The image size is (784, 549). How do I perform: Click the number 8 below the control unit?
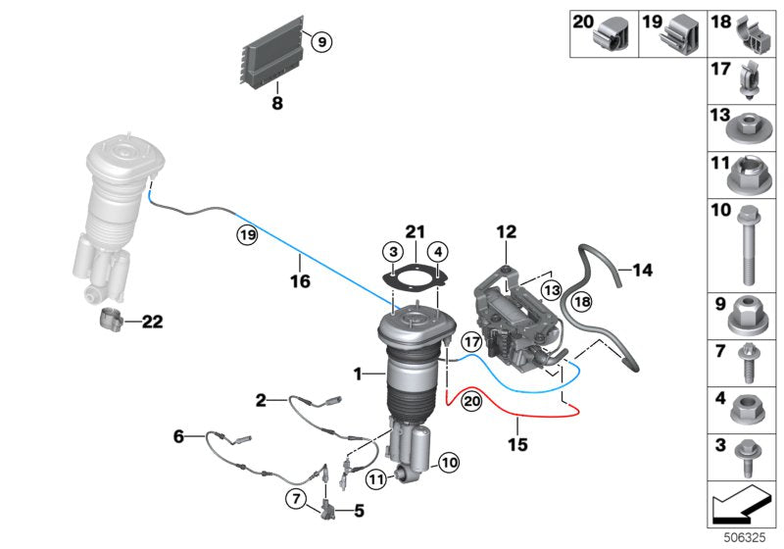coord(276,102)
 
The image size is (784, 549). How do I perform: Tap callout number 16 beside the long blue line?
coord(300,281)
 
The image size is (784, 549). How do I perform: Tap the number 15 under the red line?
coord(517,444)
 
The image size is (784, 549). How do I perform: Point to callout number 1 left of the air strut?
coord(359,374)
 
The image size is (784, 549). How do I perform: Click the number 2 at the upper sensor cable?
coord(262,399)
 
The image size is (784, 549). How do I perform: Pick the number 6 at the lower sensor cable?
coord(179,436)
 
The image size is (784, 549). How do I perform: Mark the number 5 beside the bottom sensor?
coord(358,510)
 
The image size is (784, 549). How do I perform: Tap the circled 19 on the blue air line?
coord(244,235)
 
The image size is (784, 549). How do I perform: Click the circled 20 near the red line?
coord(471,401)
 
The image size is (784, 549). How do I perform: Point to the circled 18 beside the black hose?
coord(581,303)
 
